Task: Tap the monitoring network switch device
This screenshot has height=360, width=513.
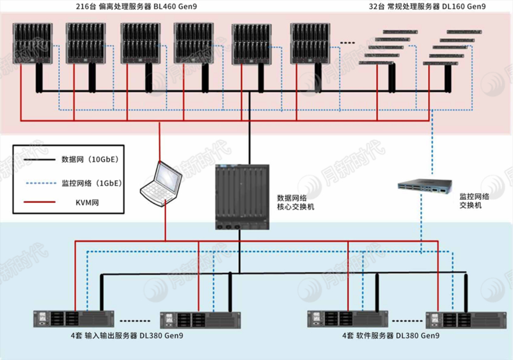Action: [425, 187]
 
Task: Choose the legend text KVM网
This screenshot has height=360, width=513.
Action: [87, 202]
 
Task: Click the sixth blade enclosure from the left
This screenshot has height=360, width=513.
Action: [310, 43]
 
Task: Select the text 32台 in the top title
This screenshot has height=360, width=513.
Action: [378, 7]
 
